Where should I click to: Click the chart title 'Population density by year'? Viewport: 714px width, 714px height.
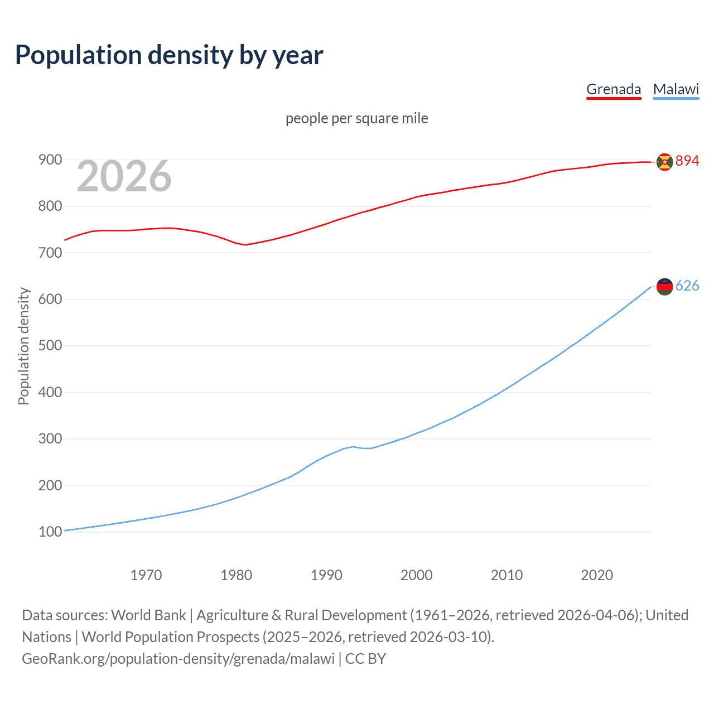(169, 55)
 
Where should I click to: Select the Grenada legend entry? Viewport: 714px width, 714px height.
(614, 89)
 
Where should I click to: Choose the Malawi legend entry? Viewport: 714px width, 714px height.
(676, 89)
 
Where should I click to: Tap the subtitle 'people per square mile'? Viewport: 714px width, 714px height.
(356, 118)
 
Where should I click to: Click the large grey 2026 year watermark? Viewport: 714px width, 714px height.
(124, 176)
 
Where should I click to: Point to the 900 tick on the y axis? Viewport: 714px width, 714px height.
(50, 160)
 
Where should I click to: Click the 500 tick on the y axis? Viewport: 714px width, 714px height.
(50, 346)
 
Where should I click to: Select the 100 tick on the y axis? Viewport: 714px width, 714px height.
(50, 532)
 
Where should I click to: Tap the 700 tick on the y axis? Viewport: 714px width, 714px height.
(50, 253)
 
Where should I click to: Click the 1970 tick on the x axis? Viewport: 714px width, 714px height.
(146, 575)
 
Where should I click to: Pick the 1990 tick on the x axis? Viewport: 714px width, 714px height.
(326, 575)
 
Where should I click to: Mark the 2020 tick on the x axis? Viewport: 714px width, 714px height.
(597, 575)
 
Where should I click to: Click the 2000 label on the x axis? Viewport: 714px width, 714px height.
(417, 575)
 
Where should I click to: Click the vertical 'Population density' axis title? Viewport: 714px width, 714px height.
(23, 346)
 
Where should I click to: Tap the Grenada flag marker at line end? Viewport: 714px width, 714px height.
(664, 162)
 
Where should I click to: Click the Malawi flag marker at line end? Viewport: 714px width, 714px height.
(664, 287)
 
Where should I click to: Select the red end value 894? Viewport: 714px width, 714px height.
(687, 161)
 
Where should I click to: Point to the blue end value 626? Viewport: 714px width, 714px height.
(687, 286)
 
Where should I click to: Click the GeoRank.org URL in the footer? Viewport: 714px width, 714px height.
(178, 659)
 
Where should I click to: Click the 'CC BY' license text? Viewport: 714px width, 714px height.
(365, 659)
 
